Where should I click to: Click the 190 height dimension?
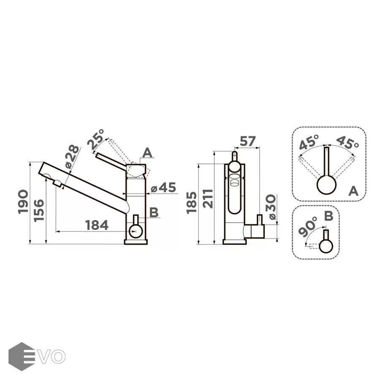point(23,202)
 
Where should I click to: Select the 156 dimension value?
point(39,211)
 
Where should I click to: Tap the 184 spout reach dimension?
point(97,225)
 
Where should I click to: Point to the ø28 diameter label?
point(72,157)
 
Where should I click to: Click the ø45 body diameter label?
point(163,187)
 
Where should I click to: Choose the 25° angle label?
point(96,140)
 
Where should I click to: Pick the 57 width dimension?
point(247,141)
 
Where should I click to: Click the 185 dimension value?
point(191,203)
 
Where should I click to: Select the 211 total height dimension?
point(208,199)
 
